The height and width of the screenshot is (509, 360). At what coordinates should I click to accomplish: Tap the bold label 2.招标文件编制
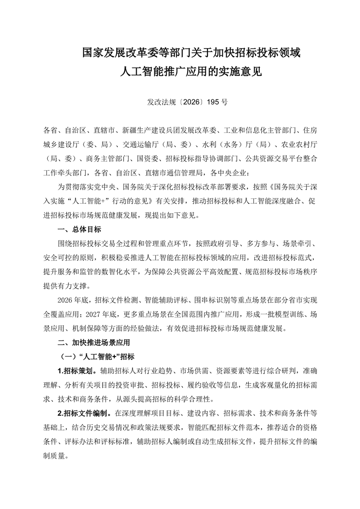(84, 414)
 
